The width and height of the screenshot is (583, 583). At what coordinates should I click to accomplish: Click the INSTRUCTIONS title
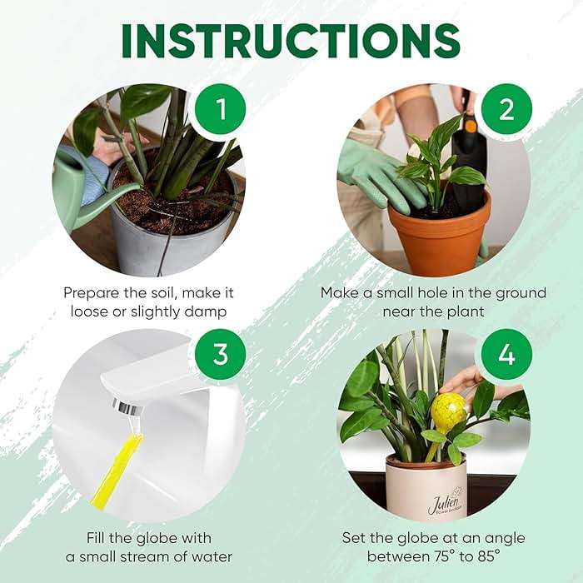point(291,39)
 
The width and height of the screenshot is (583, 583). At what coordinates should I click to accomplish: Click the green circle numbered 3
point(219,354)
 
